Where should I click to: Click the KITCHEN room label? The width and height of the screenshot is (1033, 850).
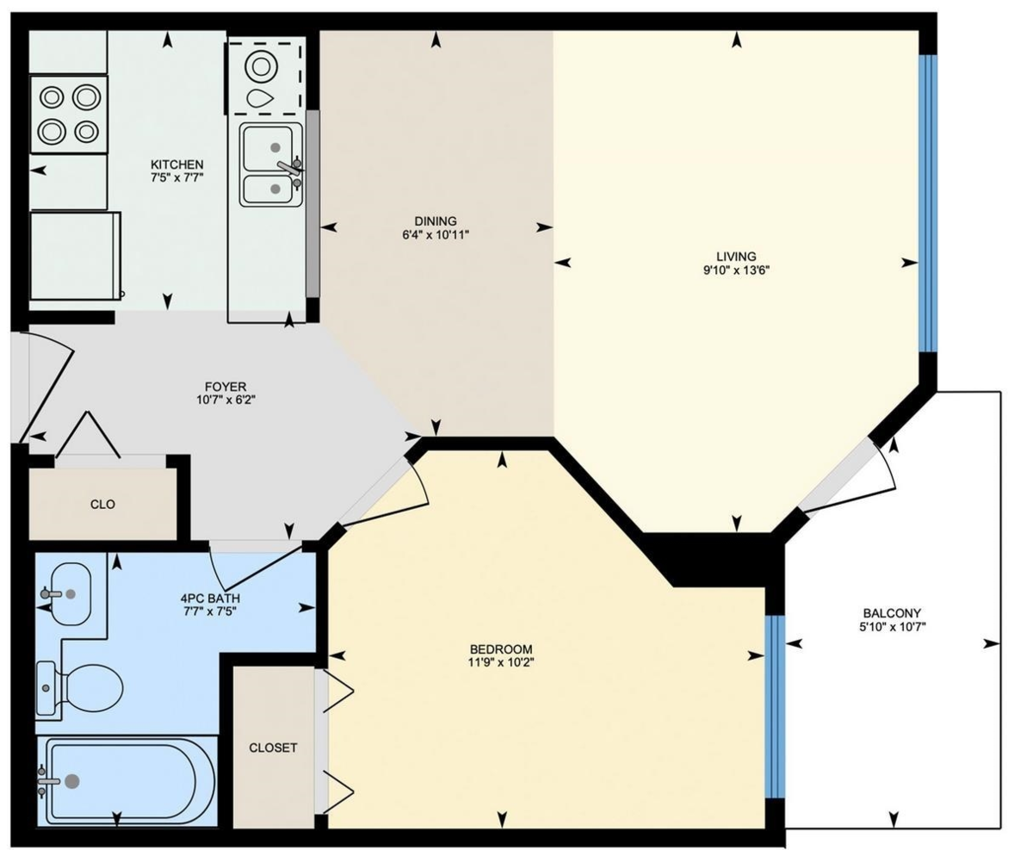click(176, 164)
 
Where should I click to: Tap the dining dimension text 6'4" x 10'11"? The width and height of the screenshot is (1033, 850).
click(435, 234)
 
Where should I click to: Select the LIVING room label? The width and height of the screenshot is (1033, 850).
click(735, 256)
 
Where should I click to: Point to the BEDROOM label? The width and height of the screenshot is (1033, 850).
click(500, 648)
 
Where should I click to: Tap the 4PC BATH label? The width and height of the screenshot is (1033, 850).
click(209, 598)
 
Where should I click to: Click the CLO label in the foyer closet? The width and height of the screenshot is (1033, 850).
click(102, 504)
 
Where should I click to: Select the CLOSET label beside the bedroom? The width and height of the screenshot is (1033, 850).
click(273, 748)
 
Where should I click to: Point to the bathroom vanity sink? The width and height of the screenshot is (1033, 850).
click(67, 593)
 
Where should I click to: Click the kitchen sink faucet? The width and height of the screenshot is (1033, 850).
click(289, 166)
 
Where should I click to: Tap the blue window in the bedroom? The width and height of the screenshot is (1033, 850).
click(775, 706)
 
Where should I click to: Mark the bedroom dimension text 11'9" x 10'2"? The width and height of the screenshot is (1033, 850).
click(500, 663)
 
